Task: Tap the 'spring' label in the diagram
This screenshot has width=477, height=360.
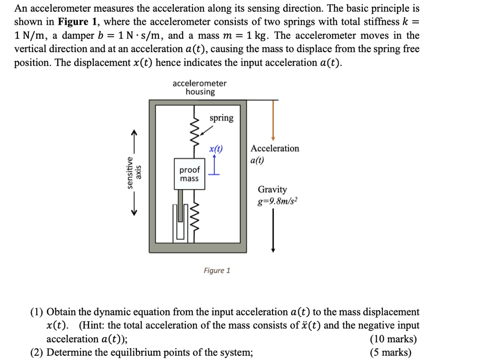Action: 221,118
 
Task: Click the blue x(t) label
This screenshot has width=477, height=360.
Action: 216,149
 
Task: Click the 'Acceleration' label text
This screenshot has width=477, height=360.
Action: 275,149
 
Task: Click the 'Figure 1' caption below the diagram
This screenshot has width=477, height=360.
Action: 217,271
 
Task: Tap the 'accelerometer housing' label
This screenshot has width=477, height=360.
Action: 199,88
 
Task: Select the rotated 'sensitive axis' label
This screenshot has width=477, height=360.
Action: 133,173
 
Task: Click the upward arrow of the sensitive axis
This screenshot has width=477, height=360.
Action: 134,140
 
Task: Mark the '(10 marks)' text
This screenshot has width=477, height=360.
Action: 393,339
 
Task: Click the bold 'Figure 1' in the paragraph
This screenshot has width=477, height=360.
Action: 73,22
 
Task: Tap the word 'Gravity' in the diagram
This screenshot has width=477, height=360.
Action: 273,190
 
